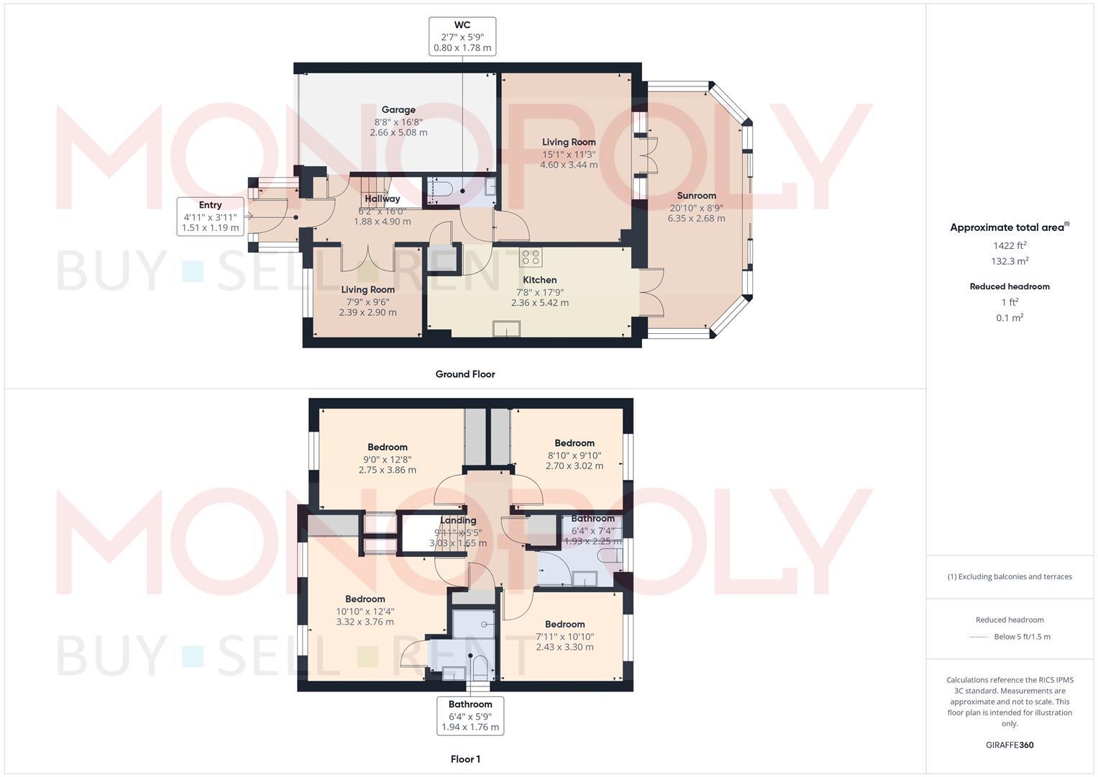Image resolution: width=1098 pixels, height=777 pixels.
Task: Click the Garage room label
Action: (x=398, y=121)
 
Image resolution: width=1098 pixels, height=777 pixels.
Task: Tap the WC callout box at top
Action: (x=462, y=37)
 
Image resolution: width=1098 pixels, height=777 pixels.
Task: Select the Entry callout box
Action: (x=210, y=217)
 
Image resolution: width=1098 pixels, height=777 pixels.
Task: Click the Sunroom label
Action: (x=696, y=206)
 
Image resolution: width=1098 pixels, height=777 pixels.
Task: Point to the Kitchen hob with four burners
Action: (x=531, y=257)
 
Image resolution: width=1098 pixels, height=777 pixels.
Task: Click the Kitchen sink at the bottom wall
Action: (x=507, y=329)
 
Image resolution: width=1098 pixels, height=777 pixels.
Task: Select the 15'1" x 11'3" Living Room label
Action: (x=569, y=153)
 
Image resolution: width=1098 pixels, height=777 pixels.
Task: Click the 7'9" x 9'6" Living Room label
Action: (x=367, y=301)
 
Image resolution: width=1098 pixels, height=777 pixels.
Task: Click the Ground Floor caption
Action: (x=465, y=374)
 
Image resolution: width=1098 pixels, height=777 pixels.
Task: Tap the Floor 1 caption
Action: (x=465, y=759)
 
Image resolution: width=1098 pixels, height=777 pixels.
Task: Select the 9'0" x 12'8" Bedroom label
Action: (x=388, y=458)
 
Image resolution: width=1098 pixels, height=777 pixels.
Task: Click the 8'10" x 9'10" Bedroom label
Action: (x=575, y=454)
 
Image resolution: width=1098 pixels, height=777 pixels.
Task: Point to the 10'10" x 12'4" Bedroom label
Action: (x=365, y=610)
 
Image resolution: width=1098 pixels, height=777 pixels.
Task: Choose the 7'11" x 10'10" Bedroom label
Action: (x=564, y=635)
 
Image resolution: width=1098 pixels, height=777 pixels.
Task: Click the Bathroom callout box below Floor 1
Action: (x=470, y=716)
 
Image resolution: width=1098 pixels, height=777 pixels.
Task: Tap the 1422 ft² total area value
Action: (x=1010, y=245)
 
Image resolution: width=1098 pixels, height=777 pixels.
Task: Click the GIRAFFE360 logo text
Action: (x=1010, y=745)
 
